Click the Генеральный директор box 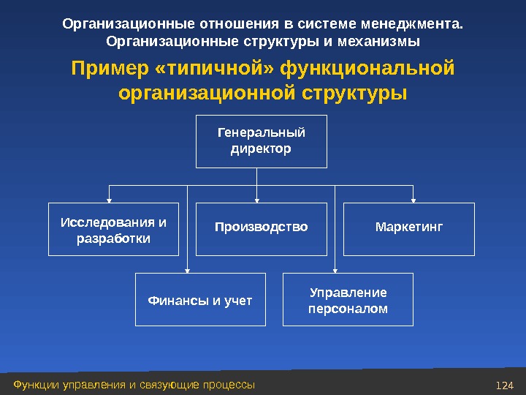(x=261, y=141)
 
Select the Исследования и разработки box (x=113, y=229)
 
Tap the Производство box (x=261, y=228)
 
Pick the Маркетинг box (x=409, y=228)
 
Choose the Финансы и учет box (x=200, y=299)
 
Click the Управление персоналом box (x=348, y=299)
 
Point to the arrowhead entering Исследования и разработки (x=110, y=199)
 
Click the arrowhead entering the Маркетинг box (x=413, y=199)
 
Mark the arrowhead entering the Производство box (x=257, y=199)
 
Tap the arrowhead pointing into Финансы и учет (x=188, y=270)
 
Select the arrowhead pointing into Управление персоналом (x=335, y=270)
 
